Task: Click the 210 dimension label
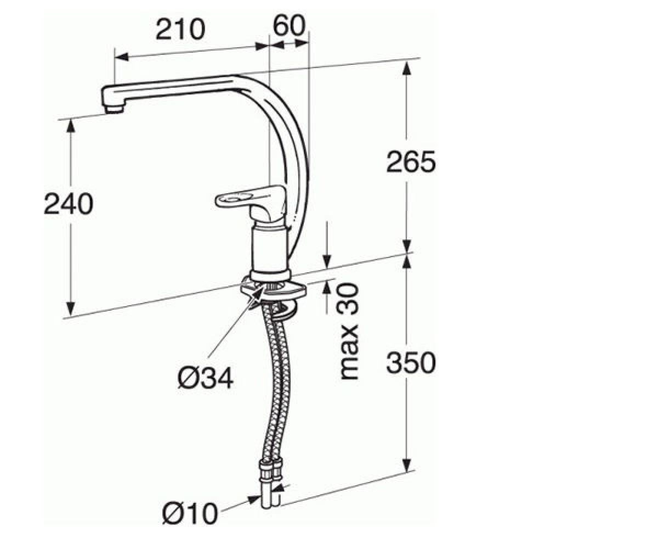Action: point(180,29)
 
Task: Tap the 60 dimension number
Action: point(290,25)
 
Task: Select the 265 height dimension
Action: point(411,161)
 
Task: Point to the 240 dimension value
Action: point(69,204)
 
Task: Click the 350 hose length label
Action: point(411,363)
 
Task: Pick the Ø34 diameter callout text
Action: point(206,378)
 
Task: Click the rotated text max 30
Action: point(349,331)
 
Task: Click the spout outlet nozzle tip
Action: point(114,109)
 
